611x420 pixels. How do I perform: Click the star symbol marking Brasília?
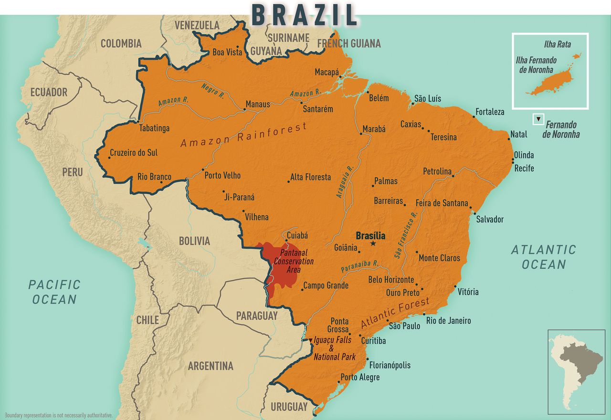click(373, 244)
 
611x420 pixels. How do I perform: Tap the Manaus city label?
click(258, 104)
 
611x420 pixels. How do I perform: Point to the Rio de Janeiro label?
click(448, 320)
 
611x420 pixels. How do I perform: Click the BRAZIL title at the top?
click(304, 15)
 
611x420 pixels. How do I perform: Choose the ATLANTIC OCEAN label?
click(543, 257)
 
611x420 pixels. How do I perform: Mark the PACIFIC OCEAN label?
click(54, 292)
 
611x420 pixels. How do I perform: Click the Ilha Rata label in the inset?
click(557, 44)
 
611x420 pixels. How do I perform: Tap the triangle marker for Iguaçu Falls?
click(310, 340)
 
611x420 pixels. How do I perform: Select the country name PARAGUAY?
click(256, 316)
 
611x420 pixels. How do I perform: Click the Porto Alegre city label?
click(360, 377)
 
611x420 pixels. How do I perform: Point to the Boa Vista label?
click(227, 52)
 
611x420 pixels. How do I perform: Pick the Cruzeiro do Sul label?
click(133, 153)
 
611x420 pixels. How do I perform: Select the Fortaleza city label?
click(490, 112)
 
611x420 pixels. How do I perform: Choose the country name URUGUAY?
click(289, 407)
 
